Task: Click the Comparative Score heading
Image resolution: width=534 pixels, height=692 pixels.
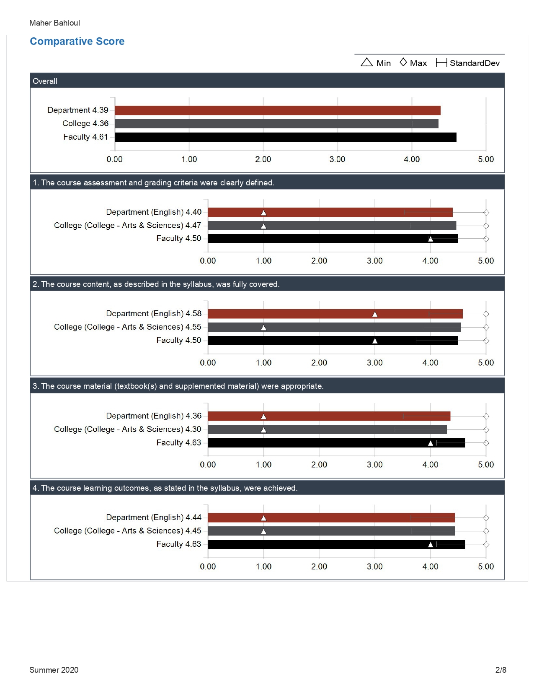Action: pos(77,42)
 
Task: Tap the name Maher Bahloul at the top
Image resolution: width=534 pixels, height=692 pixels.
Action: pos(54,23)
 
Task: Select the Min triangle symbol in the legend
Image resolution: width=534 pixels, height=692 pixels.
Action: pos(366,62)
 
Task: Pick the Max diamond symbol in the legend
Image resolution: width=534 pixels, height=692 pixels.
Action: pos(403,62)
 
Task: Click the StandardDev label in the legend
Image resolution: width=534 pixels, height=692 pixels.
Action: pos(475,63)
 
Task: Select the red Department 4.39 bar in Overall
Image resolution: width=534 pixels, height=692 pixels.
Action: pos(277,110)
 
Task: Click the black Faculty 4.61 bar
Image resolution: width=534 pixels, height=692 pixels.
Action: pos(286,137)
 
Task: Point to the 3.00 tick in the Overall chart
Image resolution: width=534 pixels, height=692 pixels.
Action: pos(337,159)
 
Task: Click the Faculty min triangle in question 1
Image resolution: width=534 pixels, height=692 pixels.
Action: pos(430,239)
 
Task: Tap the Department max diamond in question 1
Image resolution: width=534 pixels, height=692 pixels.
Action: pos(486,212)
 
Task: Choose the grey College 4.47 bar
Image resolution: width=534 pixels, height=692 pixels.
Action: pos(332,226)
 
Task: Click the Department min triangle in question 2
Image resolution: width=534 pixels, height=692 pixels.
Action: pos(375,314)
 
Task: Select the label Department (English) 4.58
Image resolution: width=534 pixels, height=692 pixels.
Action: pos(154,314)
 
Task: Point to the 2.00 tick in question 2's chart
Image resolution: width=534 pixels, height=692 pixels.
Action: pos(319,363)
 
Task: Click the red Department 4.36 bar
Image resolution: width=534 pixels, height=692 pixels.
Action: pos(329,416)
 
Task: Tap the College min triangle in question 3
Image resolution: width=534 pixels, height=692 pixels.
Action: pos(263,430)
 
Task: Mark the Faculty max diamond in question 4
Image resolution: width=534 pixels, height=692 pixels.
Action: pos(486,544)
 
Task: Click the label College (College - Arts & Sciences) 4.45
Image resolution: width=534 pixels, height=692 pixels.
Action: pos(128,531)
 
